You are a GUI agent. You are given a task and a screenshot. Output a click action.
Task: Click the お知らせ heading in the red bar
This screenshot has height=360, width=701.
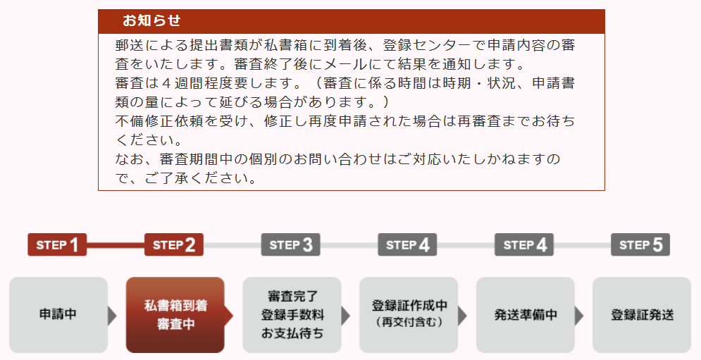click(151, 20)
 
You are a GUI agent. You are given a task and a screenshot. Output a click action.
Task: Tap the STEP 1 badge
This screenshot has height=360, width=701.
click(57, 244)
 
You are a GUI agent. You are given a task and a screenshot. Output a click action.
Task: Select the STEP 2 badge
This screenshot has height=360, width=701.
click(174, 244)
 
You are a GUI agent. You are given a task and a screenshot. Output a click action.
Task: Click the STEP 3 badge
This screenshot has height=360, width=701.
click(290, 244)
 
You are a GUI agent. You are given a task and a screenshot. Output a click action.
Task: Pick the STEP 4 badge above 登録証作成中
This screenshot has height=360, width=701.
click(407, 244)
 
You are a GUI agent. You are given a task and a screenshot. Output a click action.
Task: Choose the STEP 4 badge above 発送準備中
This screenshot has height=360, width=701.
click(524, 244)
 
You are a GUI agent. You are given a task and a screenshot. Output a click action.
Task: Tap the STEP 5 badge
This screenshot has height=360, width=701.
click(640, 244)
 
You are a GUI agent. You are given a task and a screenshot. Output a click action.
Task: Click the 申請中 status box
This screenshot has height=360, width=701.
click(58, 315)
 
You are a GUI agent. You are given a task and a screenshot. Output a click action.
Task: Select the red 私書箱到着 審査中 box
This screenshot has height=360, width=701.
click(175, 315)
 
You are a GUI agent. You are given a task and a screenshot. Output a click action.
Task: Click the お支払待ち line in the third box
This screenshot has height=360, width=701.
click(292, 334)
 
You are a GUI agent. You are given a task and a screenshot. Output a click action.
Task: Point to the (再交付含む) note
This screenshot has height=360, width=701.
click(409, 322)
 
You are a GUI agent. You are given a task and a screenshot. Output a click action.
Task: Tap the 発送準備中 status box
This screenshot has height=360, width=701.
click(526, 315)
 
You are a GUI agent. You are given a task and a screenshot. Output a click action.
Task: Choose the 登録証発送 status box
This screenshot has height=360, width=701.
click(642, 315)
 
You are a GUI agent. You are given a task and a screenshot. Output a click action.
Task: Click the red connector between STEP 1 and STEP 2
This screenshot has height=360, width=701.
click(116, 245)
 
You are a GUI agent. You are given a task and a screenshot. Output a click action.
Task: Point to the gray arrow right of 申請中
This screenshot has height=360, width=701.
click(112, 316)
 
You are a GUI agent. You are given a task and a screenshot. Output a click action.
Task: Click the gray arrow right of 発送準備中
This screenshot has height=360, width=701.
click(579, 316)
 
